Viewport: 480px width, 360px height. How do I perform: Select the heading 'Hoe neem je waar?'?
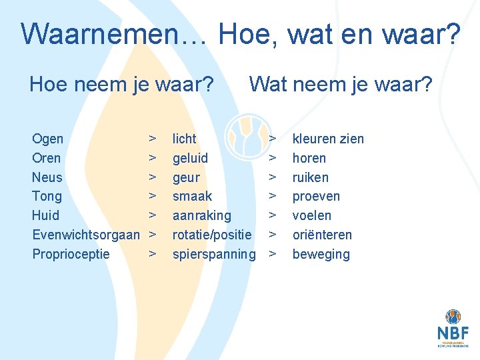point(121,85)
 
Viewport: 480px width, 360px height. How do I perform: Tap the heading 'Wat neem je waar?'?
point(341,85)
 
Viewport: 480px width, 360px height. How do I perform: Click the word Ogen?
point(48,139)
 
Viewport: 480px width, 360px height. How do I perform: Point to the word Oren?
point(47,158)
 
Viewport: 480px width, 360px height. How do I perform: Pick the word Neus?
point(47,177)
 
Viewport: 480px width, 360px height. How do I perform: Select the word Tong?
point(47,196)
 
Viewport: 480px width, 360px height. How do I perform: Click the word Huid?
point(46,215)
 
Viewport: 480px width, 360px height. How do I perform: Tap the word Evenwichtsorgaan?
point(86,235)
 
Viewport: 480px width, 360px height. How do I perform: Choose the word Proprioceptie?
point(71,254)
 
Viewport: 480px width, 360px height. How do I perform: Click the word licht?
point(185,139)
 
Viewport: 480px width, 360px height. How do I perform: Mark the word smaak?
point(193,196)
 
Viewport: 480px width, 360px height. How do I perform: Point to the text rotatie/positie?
point(212,235)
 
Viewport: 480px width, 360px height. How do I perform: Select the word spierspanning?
point(214,254)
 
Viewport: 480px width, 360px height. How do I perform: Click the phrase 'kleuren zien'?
point(329,139)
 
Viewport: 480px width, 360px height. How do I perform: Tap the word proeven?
point(317,196)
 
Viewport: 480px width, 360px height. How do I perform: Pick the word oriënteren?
point(323,235)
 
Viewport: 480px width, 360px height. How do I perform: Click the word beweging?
point(321,254)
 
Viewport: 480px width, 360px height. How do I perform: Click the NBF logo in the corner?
point(453,329)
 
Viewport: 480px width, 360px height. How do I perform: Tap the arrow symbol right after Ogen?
point(153,139)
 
